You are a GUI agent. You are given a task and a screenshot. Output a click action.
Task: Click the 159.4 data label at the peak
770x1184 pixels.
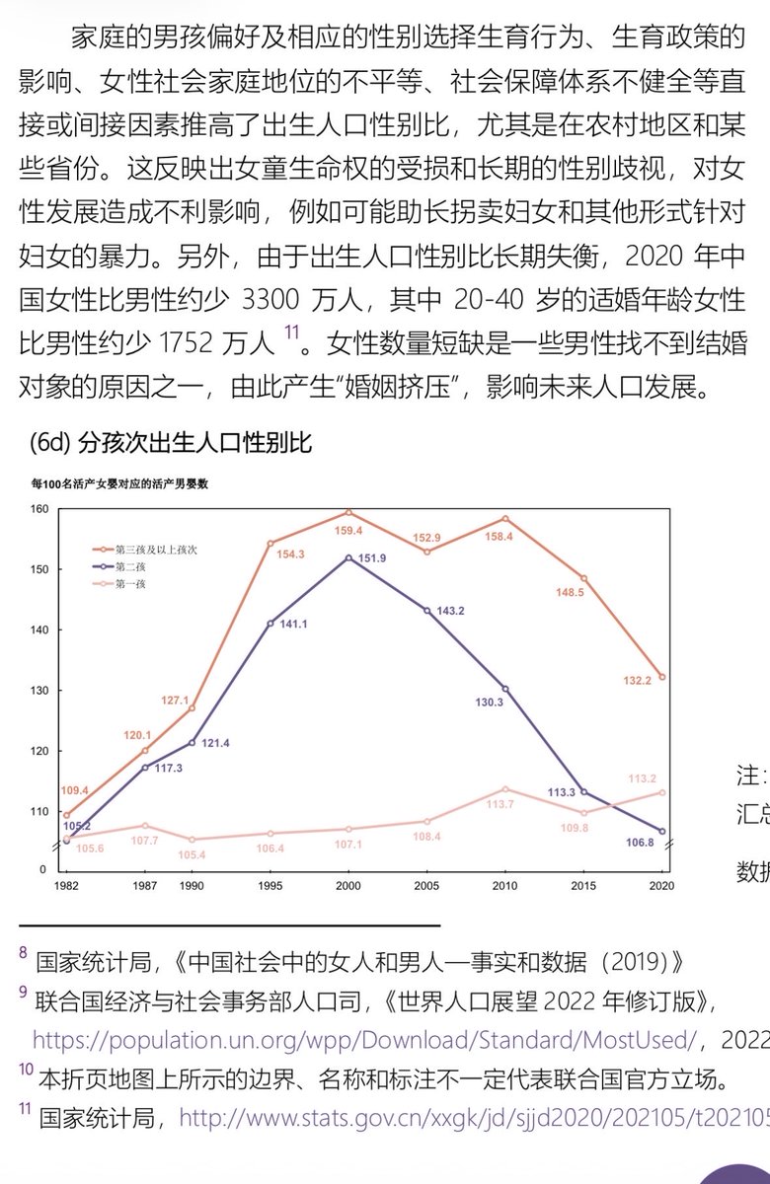click(x=348, y=530)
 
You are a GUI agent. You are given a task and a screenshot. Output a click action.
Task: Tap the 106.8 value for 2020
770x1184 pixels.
click(x=641, y=842)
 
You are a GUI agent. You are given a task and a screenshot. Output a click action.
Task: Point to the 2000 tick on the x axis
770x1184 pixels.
click(x=348, y=886)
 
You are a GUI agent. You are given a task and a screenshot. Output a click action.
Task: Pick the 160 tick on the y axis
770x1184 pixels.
click(x=39, y=509)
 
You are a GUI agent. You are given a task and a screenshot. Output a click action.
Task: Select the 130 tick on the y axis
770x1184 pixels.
click(x=39, y=690)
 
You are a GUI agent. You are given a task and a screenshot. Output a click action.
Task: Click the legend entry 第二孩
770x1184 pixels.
click(x=132, y=566)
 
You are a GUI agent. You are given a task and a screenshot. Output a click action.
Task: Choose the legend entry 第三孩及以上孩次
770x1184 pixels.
click(x=156, y=549)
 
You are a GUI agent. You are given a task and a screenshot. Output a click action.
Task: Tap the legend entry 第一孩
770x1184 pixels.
click(x=132, y=584)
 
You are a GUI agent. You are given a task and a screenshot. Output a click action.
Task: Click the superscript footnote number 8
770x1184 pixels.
click(x=23, y=953)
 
